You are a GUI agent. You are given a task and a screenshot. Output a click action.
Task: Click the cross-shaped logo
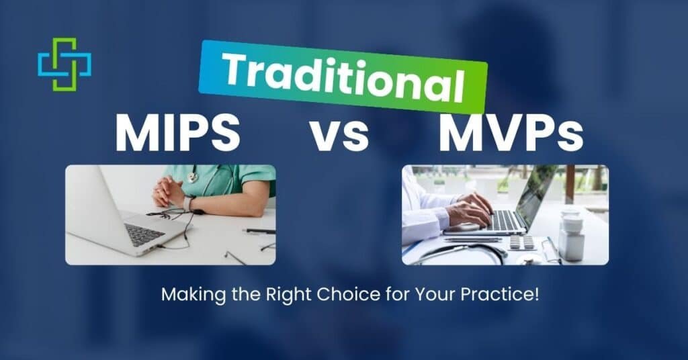(x=64, y=64)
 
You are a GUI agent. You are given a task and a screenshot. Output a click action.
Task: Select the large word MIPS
(x=177, y=133)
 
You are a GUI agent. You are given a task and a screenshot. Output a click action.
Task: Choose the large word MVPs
(x=511, y=133)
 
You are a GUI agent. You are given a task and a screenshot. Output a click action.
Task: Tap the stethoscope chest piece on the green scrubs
(x=193, y=177)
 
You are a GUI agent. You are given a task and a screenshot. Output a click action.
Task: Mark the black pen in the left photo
(x=259, y=231)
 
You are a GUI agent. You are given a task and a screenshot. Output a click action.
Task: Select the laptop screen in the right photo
(x=537, y=195)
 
